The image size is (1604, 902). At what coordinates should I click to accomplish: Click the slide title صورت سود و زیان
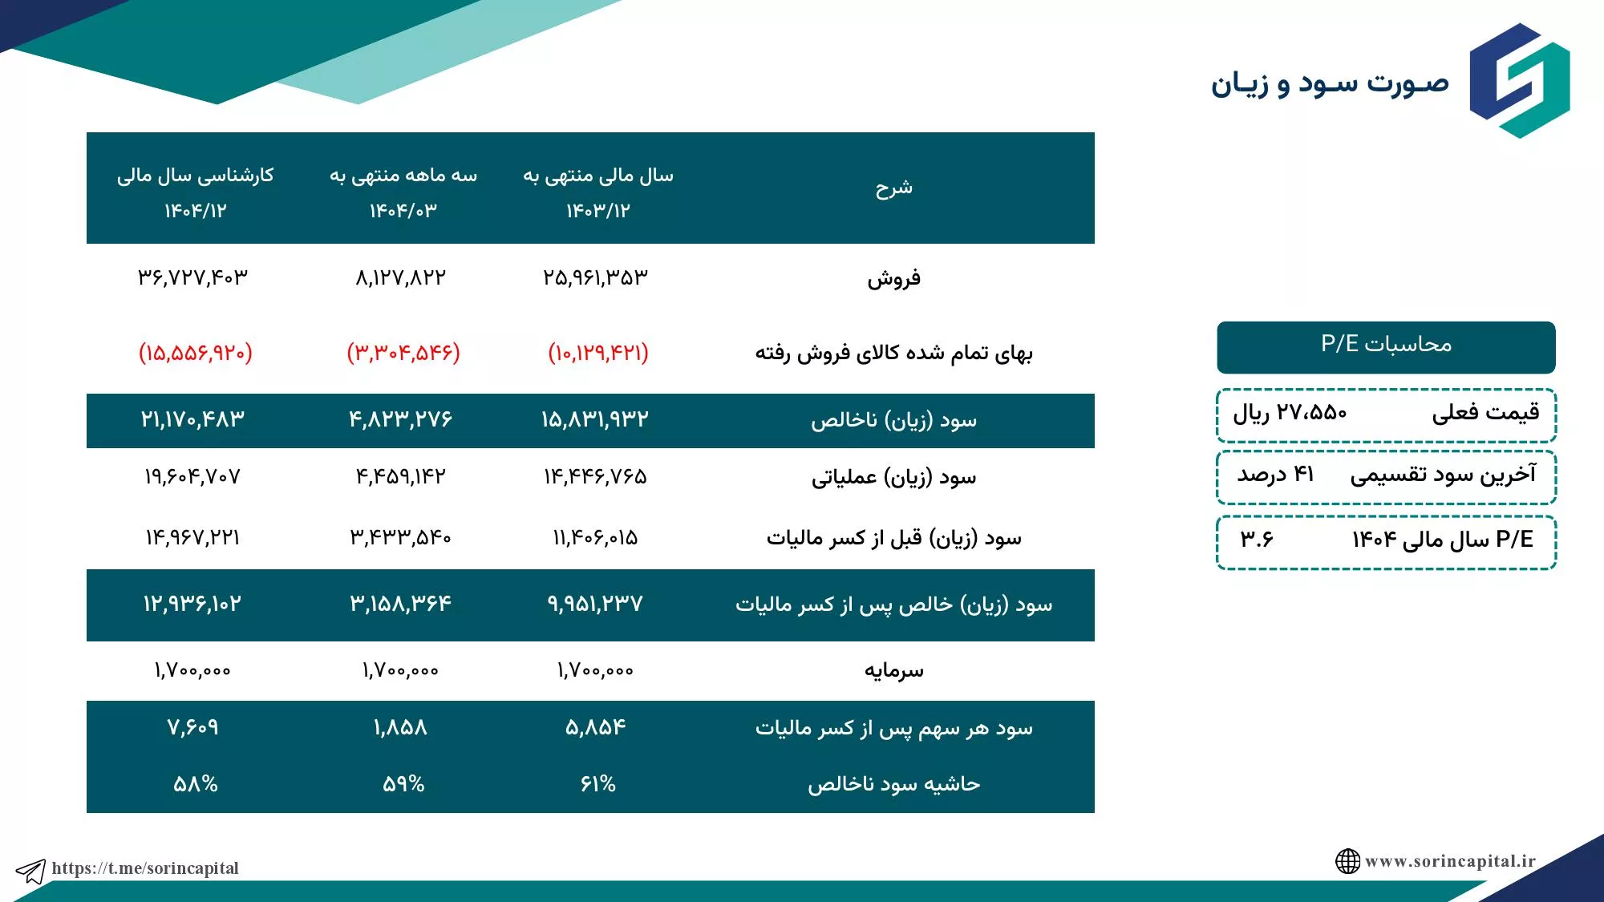coord(1330,83)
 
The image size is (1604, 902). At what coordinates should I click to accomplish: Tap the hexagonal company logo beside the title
coord(1520,80)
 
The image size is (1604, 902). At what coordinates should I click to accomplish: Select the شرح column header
coord(893,188)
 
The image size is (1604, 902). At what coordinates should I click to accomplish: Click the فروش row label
coord(893,279)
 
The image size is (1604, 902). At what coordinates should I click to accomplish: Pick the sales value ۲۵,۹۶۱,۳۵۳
coord(595,277)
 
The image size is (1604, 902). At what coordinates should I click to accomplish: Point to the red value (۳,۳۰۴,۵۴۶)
coord(403,353)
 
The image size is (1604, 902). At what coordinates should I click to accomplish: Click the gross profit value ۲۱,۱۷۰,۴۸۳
coord(192,419)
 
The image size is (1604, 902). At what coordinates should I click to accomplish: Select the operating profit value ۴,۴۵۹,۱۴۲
coord(400,477)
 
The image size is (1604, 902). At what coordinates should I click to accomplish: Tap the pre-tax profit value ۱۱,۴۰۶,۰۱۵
coord(595,537)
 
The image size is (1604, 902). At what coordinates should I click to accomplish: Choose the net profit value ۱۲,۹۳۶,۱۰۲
coord(192,604)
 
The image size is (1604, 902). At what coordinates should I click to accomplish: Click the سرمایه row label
coord(893,670)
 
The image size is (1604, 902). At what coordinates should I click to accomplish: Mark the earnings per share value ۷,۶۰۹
coord(192,727)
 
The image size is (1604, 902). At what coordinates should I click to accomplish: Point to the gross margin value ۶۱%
coord(598,783)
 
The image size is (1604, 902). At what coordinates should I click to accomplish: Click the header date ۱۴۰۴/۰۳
coord(403,211)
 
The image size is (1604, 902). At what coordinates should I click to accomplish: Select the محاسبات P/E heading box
coord(1386,347)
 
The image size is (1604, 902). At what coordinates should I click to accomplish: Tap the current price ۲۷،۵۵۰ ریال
coord(1290,413)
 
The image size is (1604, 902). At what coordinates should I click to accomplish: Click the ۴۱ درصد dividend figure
coord(1275,475)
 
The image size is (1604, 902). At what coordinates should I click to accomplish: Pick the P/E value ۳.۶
coord(1257,539)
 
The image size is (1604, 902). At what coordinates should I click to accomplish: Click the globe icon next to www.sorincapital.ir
coord(1347,861)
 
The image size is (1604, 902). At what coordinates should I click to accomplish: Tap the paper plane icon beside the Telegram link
coord(30,871)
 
